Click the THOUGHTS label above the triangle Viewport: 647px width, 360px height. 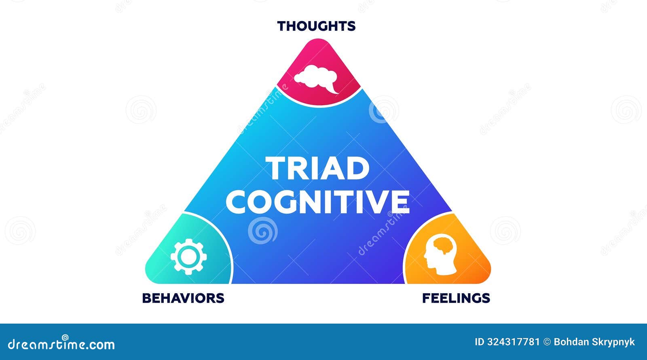[x=316, y=26]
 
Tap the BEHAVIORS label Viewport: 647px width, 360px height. [x=183, y=298]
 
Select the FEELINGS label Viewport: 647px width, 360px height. [x=456, y=298]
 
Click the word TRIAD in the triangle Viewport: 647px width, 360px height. [x=317, y=168]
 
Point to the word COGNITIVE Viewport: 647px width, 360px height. [x=317, y=201]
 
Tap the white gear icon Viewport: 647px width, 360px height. [x=188, y=256]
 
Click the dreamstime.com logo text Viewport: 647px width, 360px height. [x=61, y=345]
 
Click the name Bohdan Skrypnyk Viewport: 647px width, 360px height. [x=594, y=342]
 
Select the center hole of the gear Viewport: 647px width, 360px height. [x=188, y=256]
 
